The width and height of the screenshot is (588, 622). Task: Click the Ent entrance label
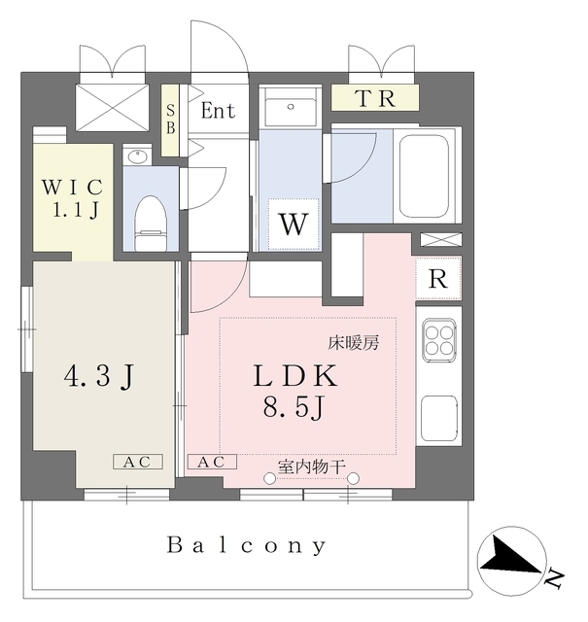pos(218,111)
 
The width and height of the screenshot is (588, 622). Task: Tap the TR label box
pos(374,98)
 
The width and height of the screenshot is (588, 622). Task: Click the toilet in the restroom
pos(151,216)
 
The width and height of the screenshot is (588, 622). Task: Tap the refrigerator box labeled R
pos(439,279)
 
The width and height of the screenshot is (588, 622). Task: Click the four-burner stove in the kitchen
pos(439,340)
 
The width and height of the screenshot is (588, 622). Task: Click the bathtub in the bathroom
pos(424,174)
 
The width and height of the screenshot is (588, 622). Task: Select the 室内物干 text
pos(311,466)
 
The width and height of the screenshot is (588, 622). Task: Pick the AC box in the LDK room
pos(211,463)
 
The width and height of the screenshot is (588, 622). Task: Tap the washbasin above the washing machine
pos(289,109)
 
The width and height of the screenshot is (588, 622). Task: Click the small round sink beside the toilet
pos(135,156)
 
